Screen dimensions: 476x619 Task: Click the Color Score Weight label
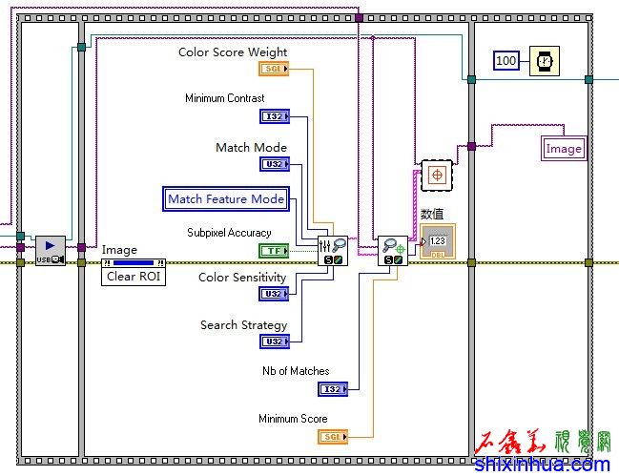pyautogui.click(x=233, y=52)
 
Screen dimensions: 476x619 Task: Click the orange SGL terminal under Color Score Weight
pyautogui.click(x=273, y=70)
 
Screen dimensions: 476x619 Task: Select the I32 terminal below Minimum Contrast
pyautogui.click(x=274, y=116)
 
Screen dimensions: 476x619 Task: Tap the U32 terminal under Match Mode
pyautogui.click(x=274, y=164)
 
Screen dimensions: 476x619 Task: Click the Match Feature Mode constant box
pyautogui.click(x=226, y=198)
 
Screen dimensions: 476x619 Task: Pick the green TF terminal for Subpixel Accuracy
pyautogui.click(x=273, y=251)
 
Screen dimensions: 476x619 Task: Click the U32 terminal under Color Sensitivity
pyautogui.click(x=274, y=295)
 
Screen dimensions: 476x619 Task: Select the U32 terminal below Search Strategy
pyautogui.click(x=274, y=341)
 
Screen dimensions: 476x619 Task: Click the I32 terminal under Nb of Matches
pyautogui.click(x=332, y=388)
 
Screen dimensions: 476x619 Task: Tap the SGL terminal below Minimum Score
pyautogui.click(x=332, y=436)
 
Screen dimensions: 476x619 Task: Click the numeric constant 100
pyautogui.click(x=506, y=61)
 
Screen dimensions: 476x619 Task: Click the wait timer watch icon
pyautogui.click(x=545, y=61)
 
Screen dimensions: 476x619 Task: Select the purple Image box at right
pyautogui.click(x=564, y=149)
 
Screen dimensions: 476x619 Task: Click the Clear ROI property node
pyautogui.click(x=134, y=277)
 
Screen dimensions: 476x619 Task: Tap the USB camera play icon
pyautogui.click(x=51, y=250)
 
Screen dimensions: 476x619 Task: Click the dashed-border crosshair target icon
pyautogui.click(x=437, y=176)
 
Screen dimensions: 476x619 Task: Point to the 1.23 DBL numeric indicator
pyautogui.click(x=439, y=241)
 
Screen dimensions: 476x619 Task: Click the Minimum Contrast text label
pyautogui.click(x=225, y=98)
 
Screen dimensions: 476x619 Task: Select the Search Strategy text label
pyautogui.click(x=243, y=325)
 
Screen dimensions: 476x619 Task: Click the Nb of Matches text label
pyautogui.click(x=296, y=371)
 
